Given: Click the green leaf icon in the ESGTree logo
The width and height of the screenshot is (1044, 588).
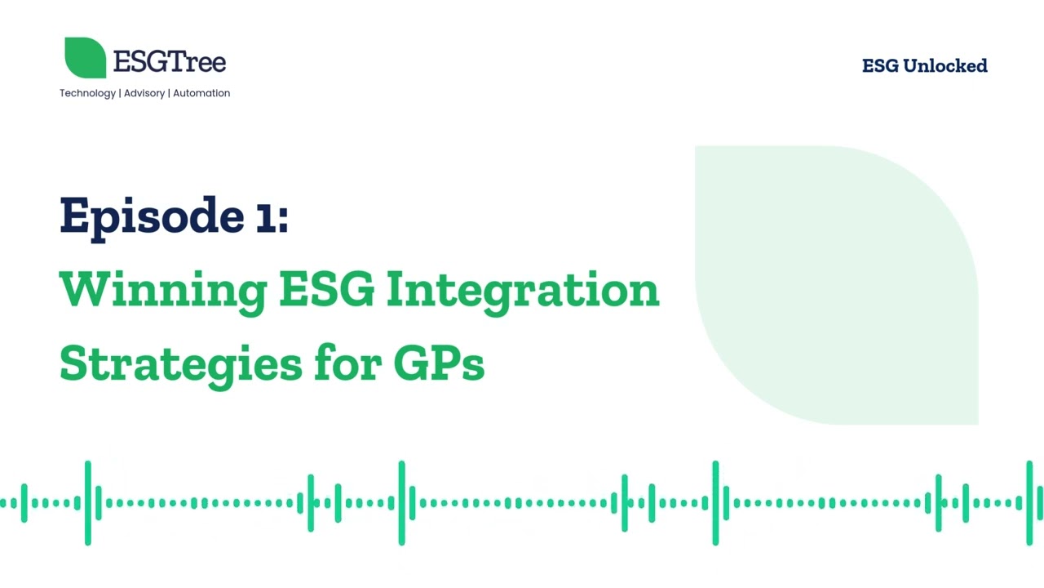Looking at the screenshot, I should click(x=85, y=58).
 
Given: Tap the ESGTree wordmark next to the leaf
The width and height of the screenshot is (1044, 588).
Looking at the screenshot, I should click(x=170, y=61).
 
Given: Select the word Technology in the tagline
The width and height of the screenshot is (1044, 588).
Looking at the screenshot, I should click(x=87, y=93).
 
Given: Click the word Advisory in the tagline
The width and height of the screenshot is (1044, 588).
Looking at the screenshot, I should click(x=144, y=93).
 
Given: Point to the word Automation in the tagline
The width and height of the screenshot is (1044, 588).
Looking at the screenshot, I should click(x=201, y=93).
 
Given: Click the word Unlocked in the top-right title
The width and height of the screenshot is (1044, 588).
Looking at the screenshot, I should click(x=944, y=65).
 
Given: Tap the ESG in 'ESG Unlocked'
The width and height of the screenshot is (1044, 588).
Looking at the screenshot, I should click(x=880, y=65).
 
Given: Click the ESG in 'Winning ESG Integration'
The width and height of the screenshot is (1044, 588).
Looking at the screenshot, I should click(x=326, y=289).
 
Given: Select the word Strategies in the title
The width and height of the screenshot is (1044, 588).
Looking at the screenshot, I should click(x=179, y=364).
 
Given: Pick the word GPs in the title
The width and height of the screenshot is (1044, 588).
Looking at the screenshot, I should click(x=439, y=363).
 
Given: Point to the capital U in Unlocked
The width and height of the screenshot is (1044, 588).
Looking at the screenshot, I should click(x=912, y=65).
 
